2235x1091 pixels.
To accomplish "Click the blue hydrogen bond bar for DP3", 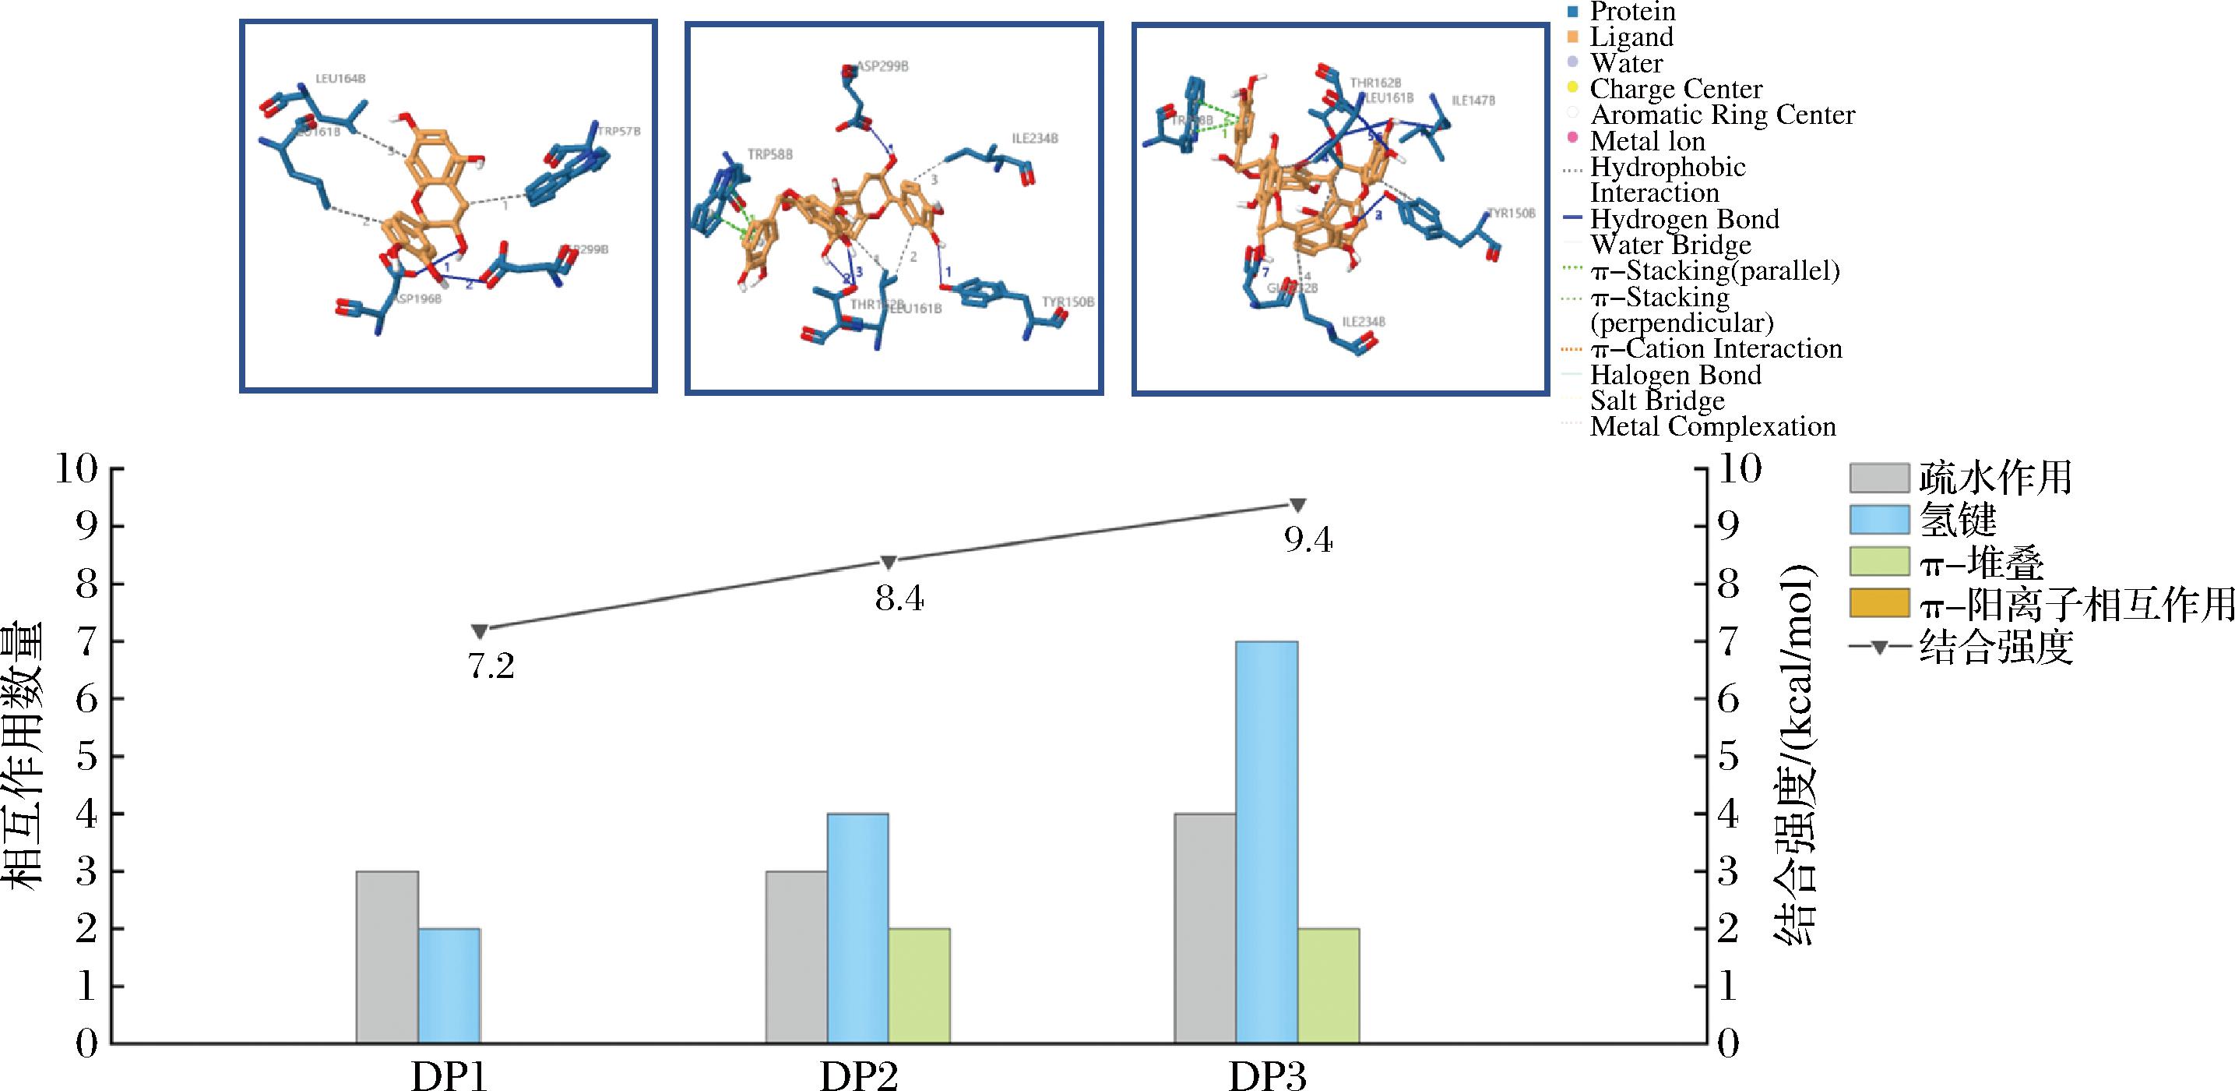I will [x=1267, y=842].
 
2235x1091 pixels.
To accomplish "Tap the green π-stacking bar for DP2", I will [x=919, y=985].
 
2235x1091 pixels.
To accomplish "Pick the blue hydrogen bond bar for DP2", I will [x=857, y=928].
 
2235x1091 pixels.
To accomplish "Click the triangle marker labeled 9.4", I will [x=1298, y=505].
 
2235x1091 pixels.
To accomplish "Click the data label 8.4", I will [x=899, y=598].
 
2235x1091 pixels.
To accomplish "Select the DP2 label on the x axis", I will [x=858, y=1076].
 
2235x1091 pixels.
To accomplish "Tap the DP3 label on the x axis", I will [x=1267, y=1076].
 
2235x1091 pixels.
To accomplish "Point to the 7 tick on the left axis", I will [x=86, y=641].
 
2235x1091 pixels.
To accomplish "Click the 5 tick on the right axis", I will [x=1727, y=757].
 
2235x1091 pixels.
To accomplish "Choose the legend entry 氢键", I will [x=1957, y=520].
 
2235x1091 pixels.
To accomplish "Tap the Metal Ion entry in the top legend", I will [x=1647, y=140].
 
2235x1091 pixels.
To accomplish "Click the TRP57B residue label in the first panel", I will [x=618, y=132].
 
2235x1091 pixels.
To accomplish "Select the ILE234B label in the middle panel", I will [x=1034, y=139].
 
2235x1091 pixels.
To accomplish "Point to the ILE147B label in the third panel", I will [x=1473, y=101].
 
